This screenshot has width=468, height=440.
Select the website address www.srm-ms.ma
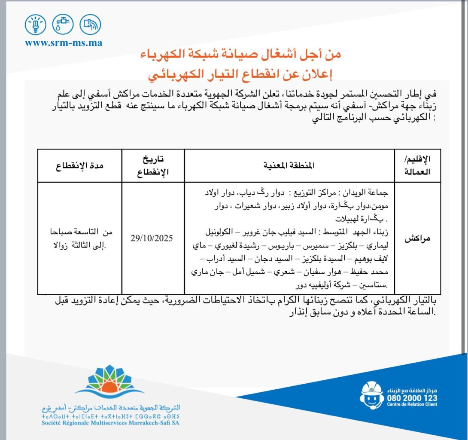(64, 43)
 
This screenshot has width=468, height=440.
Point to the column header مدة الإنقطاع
(80, 165)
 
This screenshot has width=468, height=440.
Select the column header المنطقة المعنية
(290, 165)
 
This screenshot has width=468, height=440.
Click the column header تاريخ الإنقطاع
(153, 165)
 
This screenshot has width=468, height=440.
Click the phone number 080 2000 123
(412, 398)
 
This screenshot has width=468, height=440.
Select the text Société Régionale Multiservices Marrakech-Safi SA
(108, 423)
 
